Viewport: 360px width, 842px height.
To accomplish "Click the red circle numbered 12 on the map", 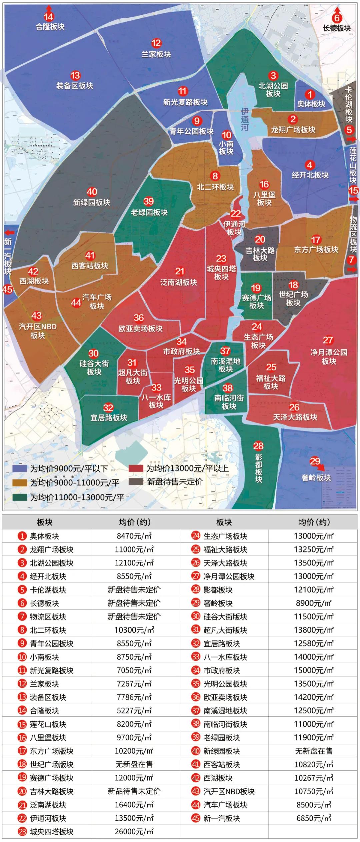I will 156,43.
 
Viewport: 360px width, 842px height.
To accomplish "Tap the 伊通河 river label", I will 245,119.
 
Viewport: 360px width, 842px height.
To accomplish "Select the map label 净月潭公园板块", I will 329,357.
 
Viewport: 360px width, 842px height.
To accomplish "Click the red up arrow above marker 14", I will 49,8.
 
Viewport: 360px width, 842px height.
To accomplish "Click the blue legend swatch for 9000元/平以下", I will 20,469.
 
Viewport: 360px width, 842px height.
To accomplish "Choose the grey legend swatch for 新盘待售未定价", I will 136,482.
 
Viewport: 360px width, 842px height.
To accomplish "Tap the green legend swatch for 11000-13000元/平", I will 20,497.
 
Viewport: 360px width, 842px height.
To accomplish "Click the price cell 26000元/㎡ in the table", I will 134,832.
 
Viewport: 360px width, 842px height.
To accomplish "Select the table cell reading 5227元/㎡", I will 134,711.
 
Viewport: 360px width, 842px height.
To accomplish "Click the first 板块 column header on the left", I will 45,522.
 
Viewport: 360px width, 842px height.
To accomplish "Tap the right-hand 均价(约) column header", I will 313,522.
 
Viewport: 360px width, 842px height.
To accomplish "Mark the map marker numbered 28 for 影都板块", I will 258,446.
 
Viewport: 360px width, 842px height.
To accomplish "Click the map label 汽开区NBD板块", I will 38,331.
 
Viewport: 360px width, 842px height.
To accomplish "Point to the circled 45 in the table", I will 196,818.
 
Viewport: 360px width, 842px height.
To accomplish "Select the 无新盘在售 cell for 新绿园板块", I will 313,751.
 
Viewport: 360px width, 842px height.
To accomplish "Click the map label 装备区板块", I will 75,86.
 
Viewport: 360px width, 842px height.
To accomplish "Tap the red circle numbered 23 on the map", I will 221,259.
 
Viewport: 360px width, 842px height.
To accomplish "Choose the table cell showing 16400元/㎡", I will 134,805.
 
